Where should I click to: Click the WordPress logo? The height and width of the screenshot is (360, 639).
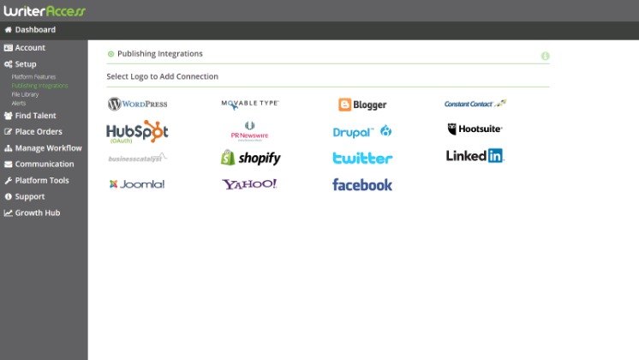[137, 105]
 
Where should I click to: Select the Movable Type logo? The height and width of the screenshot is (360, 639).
[249, 105]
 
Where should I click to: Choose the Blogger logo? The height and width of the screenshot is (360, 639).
[362, 105]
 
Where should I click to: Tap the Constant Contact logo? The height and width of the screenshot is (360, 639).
[475, 104]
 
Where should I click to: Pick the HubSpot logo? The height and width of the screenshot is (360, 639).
[137, 131]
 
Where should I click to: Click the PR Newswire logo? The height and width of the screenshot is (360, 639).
[249, 131]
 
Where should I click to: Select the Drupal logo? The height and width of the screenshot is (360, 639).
[362, 132]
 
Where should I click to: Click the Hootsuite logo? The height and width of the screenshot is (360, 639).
[475, 129]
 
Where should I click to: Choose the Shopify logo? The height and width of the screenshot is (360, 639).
[250, 158]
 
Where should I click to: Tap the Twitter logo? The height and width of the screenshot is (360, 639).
[362, 158]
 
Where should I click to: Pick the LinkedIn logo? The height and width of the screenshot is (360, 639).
[475, 155]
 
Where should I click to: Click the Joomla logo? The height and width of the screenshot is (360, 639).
[137, 184]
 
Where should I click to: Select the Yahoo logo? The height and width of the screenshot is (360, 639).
[249, 184]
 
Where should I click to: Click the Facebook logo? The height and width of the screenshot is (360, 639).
[362, 184]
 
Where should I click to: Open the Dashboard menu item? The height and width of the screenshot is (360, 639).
[34, 30]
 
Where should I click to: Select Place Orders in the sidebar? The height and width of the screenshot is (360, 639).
[39, 132]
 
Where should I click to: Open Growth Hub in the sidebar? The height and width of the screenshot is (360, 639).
[37, 213]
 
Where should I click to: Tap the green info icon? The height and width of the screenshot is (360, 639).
[545, 56]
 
